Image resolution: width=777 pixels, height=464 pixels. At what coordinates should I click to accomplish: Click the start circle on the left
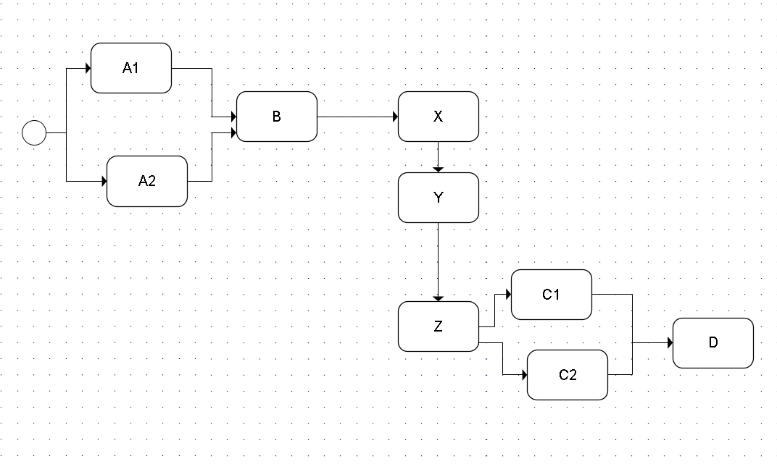34,133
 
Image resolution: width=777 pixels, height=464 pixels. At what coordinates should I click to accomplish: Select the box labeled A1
131,68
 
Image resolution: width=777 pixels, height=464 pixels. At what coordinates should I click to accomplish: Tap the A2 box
147,181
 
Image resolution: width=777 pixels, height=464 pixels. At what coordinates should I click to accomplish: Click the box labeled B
277,117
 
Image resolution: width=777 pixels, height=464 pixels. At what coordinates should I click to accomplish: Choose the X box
438,117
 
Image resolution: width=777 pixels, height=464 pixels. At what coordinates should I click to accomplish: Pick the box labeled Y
438,198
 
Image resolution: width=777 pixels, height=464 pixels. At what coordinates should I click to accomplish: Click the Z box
438,326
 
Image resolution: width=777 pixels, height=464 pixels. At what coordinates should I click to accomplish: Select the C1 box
551,295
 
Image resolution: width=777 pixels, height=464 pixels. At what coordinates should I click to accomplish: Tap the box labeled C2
568,375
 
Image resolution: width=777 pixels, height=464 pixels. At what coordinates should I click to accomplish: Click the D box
713,342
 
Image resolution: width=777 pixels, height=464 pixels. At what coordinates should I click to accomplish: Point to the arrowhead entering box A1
88,69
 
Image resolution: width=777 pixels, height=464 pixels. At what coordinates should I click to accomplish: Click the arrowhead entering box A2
104,181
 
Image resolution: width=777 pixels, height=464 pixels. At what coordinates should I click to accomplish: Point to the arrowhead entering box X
395,117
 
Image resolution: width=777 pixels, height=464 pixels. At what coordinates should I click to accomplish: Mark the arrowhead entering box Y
438,169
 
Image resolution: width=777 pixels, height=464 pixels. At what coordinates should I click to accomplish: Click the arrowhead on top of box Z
438,298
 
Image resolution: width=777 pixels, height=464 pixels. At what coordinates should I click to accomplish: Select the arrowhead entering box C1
508,295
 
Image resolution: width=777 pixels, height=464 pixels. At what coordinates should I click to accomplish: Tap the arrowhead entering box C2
524,375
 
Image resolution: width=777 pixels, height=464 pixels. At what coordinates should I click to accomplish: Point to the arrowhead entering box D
670,342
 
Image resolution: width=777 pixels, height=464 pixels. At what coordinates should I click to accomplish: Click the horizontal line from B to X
355,117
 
